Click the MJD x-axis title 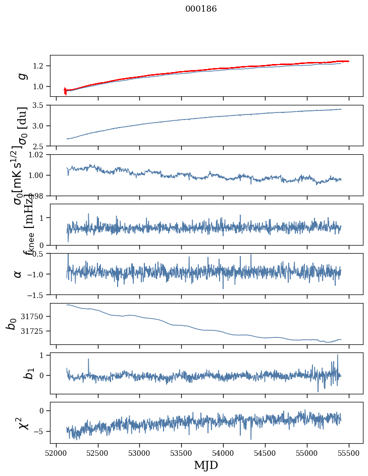206,465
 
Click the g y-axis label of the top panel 22,76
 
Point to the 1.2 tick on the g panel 40,66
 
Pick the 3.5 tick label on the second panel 40,105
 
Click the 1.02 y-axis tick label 38,155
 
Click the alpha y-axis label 18,274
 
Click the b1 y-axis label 16,373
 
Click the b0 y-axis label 12,323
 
